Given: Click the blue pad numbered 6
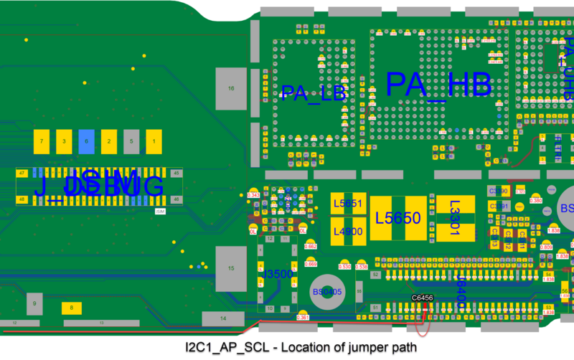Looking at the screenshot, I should click(86, 141).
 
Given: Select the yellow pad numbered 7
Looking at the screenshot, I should click(42, 141).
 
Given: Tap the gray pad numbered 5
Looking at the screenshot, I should click(131, 141).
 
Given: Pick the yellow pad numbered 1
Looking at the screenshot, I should click(153, 141).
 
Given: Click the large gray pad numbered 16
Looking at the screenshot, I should click(231, 88).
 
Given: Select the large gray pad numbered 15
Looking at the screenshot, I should click(231, 267).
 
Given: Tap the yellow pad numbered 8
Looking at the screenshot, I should click(72, 308).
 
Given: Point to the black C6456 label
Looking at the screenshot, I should click(422, 298).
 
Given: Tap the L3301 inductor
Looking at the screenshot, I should click(455, 218).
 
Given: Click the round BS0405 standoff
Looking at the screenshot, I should click(328, 291).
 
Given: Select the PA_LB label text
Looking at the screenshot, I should click(314, 93).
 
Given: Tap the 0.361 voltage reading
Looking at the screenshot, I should click(303, 317).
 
